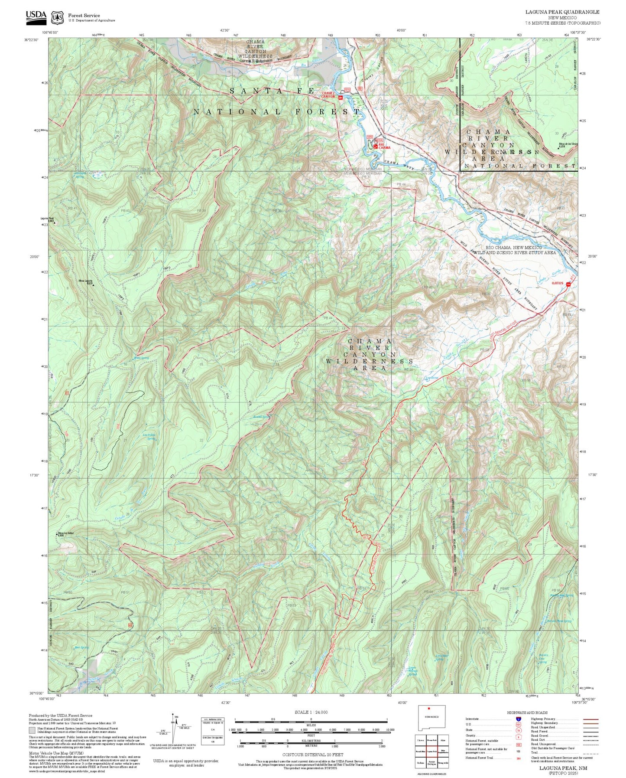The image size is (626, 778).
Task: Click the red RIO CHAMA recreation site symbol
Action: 375,147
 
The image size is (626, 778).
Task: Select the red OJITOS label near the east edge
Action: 557,283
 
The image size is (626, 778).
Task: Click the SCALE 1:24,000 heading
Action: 311,712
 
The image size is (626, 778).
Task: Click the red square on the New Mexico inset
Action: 429,709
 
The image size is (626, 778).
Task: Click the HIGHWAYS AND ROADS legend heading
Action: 527,713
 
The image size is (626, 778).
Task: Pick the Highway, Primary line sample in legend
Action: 590,719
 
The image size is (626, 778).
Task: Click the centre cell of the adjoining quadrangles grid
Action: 431,751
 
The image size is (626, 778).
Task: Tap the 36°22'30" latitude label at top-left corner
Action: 31,40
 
